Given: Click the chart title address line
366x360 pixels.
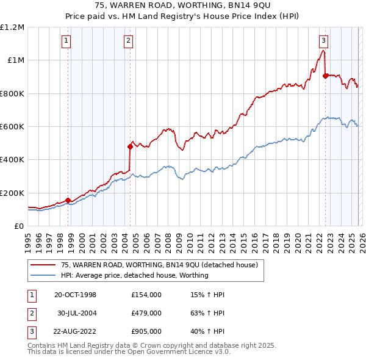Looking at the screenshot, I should tap(183, 5).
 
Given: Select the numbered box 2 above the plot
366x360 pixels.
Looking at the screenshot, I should tap(129, 41).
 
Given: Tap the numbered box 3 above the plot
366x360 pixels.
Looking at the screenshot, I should tap(323, 41).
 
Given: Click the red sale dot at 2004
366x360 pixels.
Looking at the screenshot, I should tap(130, 146).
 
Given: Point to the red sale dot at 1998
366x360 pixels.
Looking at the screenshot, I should tap(68, 200).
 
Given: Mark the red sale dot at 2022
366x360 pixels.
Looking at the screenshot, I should tap(325, 76).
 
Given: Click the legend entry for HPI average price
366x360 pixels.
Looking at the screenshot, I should tap(134, 275).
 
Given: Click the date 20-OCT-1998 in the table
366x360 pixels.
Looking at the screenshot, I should tap(75, 295).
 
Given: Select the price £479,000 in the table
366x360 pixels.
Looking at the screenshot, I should tap(146, 313).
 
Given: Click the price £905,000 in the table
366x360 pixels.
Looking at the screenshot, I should tap(146, 331).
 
